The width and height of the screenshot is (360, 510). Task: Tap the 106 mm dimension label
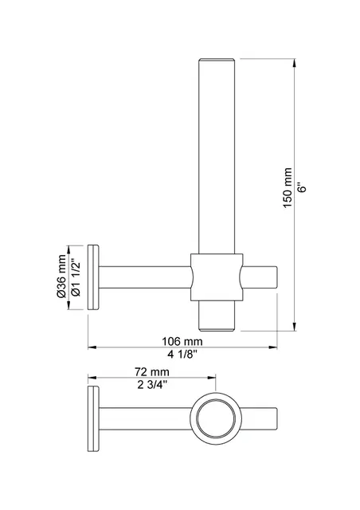pos(183,339)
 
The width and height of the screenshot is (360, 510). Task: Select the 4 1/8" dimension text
pos(183,353)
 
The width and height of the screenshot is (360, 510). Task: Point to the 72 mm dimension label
pos(151,372)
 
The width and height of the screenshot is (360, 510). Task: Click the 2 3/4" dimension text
pos(151,385)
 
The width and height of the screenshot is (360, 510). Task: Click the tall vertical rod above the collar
pos(216,151)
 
